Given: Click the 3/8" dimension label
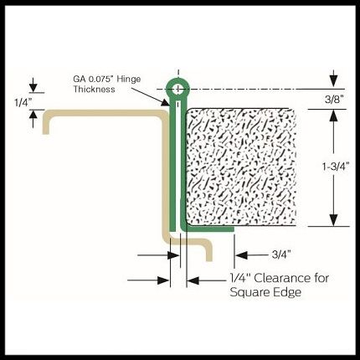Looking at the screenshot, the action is tap(334, 100).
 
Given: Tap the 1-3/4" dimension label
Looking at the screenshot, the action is tap(336, 167).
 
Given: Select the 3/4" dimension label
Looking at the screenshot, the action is tap(281, 255).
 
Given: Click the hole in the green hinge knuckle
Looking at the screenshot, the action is tap(177, 90).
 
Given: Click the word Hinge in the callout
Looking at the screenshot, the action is tap(129, 80).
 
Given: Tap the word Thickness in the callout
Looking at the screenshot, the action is tap(94, 90).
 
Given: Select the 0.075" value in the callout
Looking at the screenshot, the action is tap(101, 79).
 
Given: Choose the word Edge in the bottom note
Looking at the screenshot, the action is tap(291, 292).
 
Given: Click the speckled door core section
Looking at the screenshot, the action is tap(241, 167).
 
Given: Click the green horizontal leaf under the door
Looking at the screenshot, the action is tap(208, 229).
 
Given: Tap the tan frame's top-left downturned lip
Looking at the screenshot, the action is tap(46, 123).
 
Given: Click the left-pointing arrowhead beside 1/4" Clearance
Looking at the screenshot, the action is tap(193, 280).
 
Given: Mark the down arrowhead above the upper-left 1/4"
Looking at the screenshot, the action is tap(33, 88).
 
